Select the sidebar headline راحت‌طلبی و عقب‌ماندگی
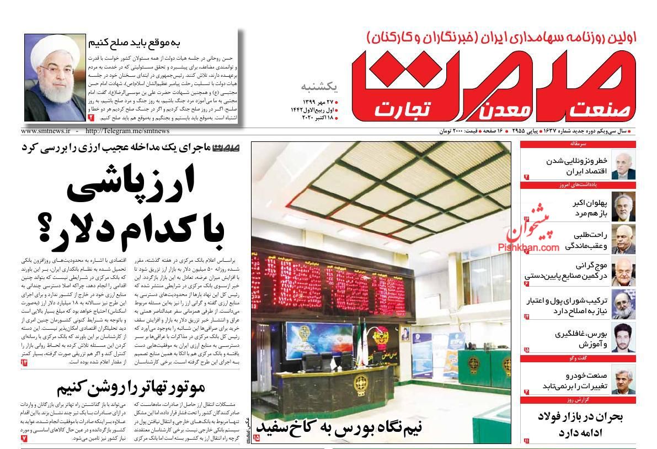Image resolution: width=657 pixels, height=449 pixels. [585, 240]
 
